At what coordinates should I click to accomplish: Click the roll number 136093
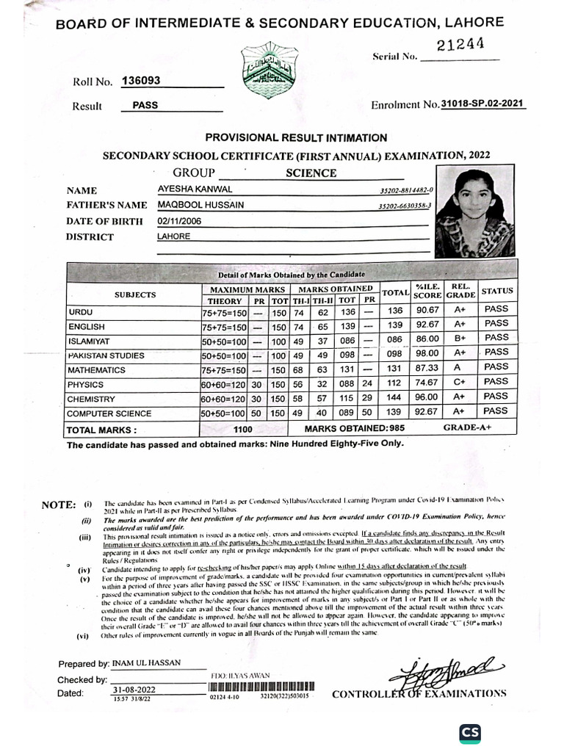point(141,81)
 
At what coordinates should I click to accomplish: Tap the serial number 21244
point(460,46)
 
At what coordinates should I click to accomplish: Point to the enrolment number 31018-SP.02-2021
point(482,104)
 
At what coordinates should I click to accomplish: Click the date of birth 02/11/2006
point(179,220)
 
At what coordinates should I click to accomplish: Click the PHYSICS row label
point(85,384)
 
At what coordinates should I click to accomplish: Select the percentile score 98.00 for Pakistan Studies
point(427,353)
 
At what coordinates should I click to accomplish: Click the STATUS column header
point(496,291)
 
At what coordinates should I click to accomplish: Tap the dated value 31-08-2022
point(134,690)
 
